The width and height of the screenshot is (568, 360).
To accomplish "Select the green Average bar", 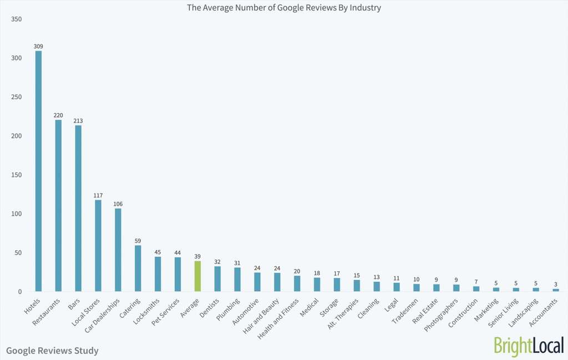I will (197, 276).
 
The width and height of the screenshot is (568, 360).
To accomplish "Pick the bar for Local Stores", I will (98, 246).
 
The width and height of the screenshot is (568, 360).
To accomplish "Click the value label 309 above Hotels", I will (38, 46).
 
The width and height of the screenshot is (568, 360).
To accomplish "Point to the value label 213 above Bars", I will (78, 120).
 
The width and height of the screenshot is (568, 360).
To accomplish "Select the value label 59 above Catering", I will (138, 241).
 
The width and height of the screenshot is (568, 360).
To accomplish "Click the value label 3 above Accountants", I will (556, 284).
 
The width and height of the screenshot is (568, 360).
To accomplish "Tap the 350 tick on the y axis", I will (16, 19).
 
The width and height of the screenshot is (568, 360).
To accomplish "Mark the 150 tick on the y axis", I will (16, 175).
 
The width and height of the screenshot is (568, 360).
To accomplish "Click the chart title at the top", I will (284, 8).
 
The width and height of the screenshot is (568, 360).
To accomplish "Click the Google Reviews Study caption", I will (52, 351).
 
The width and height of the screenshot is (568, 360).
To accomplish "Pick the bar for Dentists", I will (217, 278).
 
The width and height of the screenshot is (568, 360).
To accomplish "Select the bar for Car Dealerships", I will (118, 250).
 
